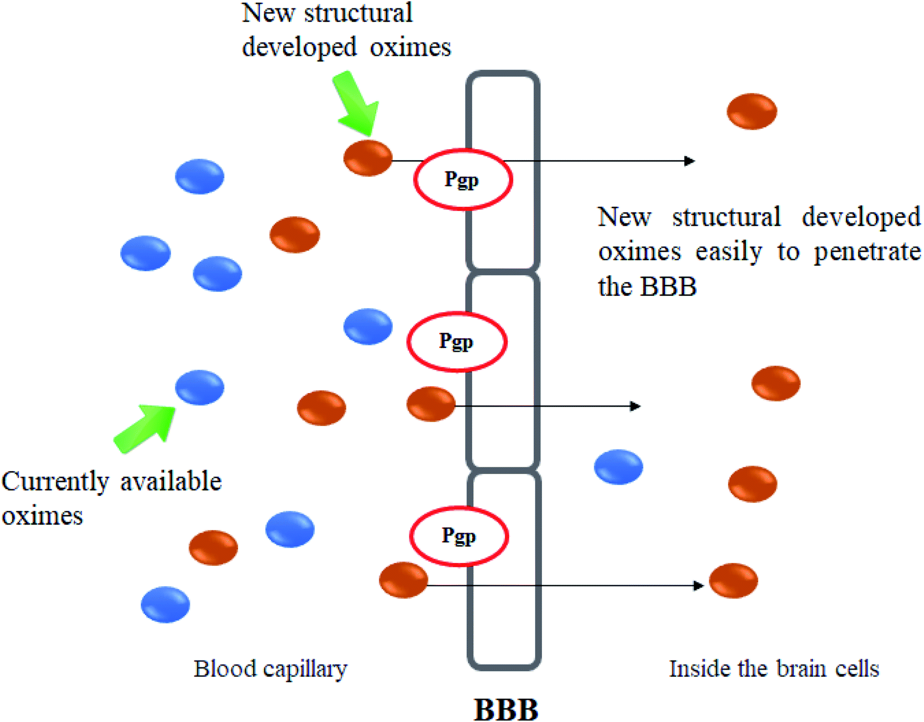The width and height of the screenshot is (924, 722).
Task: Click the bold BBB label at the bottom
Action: coord(506,709)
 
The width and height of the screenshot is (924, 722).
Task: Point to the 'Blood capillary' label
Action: coord(270,670)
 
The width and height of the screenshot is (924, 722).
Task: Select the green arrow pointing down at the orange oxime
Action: coord(356,103)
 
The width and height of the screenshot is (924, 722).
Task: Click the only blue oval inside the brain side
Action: coord(618,467)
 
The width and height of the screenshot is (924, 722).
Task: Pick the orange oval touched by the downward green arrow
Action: coord(368,158)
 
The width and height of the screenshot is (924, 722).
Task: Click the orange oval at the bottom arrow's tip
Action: coord(734,581)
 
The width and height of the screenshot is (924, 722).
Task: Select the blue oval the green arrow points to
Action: coord(200,387)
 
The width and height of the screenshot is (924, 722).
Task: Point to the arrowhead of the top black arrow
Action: coord(689,161)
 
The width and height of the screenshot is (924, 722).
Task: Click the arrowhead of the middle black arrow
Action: coord(635,407)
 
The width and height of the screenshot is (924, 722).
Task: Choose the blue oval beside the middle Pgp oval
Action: coord(368,326)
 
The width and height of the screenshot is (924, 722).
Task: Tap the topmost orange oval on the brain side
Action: coord(752,111)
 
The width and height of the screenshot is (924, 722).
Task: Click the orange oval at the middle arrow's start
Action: coord(431,404)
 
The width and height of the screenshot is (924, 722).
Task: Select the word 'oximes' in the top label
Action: coord(411,47)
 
